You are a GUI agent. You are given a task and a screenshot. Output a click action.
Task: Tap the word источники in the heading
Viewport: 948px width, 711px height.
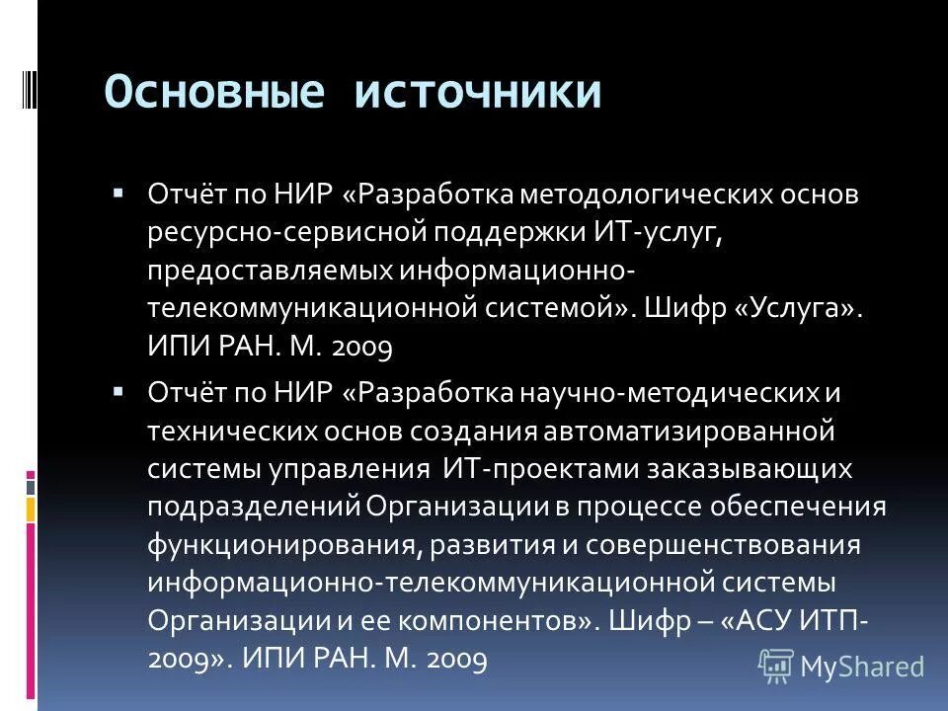[479, 92]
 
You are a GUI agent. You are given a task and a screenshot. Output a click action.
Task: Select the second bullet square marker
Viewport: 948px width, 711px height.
[118, 390]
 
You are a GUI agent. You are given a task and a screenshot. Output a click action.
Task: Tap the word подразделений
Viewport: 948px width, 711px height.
[255, 507]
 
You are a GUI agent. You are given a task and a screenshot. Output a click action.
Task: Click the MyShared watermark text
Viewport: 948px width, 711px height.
[862, 667]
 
